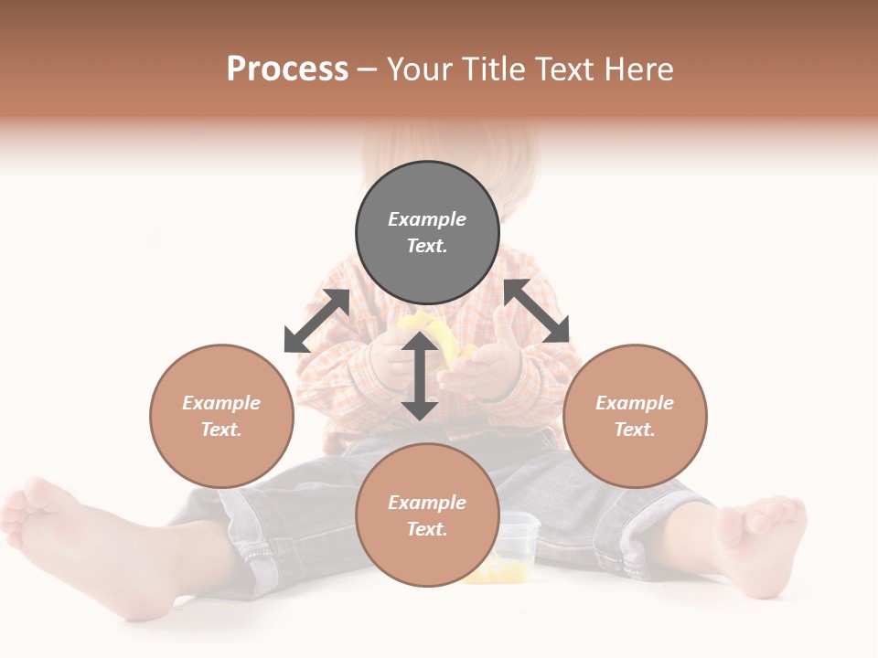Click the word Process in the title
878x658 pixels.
[287, 69]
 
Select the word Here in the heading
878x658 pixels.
[637, 69]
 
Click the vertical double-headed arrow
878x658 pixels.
[420, 376]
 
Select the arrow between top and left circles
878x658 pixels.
[316, 321]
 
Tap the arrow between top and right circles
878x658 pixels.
[537, 312]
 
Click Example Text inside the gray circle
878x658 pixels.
[427, 232]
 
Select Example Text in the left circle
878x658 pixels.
[221, 416]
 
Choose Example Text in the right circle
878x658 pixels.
[635, 416]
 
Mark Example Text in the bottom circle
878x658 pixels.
[427, 515]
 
